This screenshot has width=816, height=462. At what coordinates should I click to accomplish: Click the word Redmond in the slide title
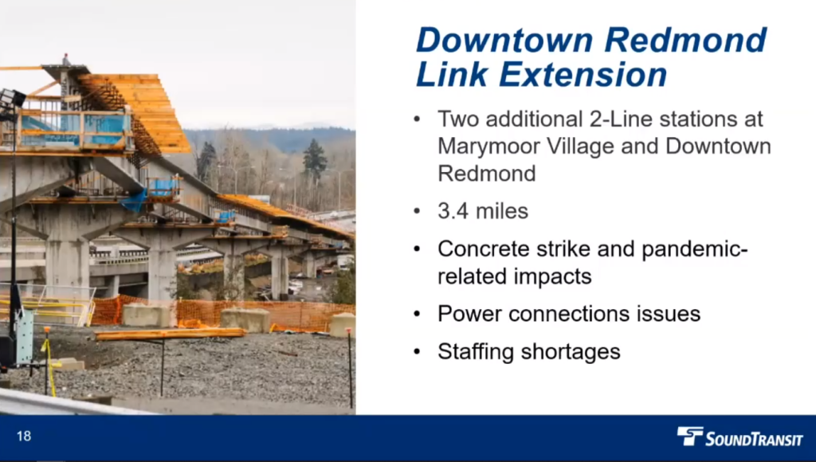click(x=685, y=40)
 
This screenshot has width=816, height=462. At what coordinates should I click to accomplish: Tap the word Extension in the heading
click(x=583, y=74)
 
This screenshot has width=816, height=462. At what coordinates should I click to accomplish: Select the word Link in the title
click(x=452, y=74)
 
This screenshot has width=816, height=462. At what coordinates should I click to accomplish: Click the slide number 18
click(x=24, y=436)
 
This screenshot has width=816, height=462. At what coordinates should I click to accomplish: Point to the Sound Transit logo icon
click(x=689, y=436)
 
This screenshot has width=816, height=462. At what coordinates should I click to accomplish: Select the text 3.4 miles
click(x=483, y=211)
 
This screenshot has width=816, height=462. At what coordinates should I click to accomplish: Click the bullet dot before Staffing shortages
click(x=417, y=352)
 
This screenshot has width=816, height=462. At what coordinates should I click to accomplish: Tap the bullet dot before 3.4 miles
click(x=417, y=211)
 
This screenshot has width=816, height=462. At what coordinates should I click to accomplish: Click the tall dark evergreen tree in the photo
click(x=315, y=160)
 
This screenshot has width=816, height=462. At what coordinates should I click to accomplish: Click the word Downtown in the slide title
click(x=504, y=40)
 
